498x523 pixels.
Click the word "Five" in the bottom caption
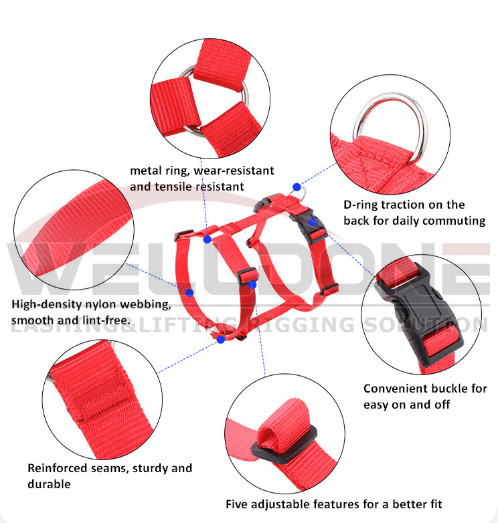click(239, 504)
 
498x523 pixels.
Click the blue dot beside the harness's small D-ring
click(297, 187)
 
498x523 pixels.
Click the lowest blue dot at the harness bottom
click(221, 340)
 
